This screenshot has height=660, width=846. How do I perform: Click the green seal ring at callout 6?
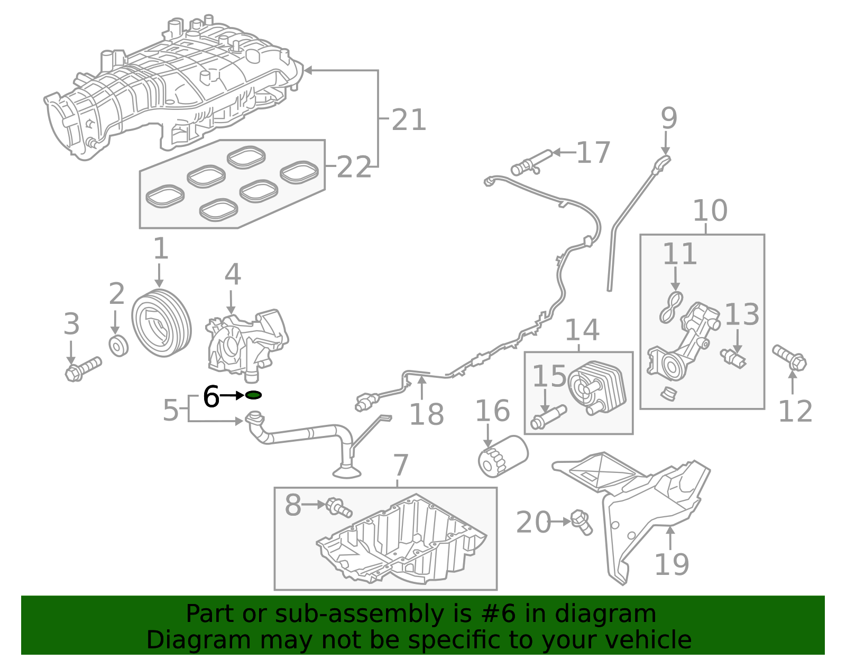point(253,395)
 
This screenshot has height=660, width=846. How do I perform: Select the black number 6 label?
point(211,397)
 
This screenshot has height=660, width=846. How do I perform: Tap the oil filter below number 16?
point(503,456)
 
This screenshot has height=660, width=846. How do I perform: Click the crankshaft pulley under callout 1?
point(161,323)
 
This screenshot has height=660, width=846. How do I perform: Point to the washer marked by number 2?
point(118,346)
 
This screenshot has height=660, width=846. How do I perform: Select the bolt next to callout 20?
point(582,522)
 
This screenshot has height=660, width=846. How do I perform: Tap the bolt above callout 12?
point(789,357)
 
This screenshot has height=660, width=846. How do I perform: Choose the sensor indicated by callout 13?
point(733,358)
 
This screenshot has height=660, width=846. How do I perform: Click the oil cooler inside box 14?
point(597,388)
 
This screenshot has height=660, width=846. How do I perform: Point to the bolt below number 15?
point(548,417)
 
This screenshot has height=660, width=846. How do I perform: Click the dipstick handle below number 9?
point(663,162)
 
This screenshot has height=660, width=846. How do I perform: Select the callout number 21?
point(409,120)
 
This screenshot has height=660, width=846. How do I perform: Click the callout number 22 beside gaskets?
point(354,168)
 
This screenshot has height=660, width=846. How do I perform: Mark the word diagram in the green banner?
point(626,614)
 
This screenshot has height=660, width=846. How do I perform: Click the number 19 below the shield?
point(672,564)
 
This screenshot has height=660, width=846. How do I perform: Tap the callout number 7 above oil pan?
point(401,466)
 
